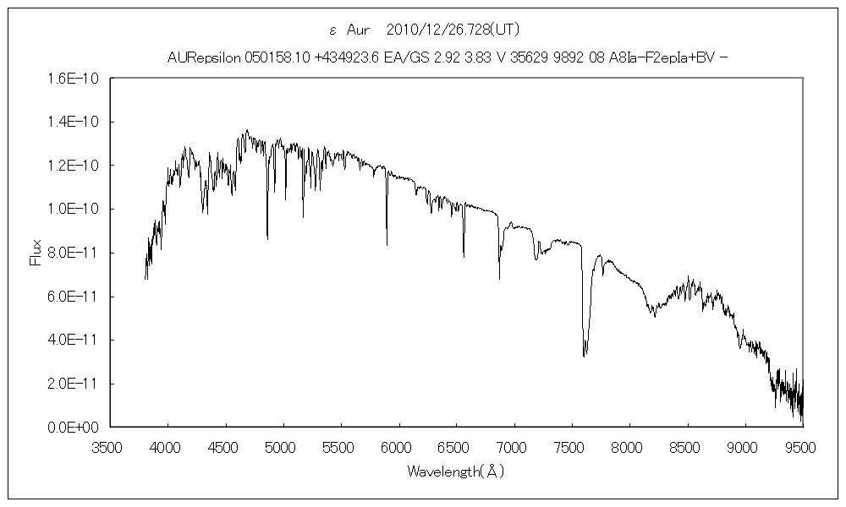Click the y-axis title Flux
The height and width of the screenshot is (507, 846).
(x=35, y=252)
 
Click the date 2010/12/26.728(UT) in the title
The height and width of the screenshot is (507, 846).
(x=447, y=30)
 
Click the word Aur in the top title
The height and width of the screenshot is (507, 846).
(x=360, y=30)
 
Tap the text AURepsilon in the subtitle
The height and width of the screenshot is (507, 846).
(x=205, y=58)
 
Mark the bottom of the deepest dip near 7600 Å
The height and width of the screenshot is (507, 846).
(x=584, y=356)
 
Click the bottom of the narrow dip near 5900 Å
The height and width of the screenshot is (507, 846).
(x=387, y=244)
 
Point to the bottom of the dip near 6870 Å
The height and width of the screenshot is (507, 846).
(x=498, y=278)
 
